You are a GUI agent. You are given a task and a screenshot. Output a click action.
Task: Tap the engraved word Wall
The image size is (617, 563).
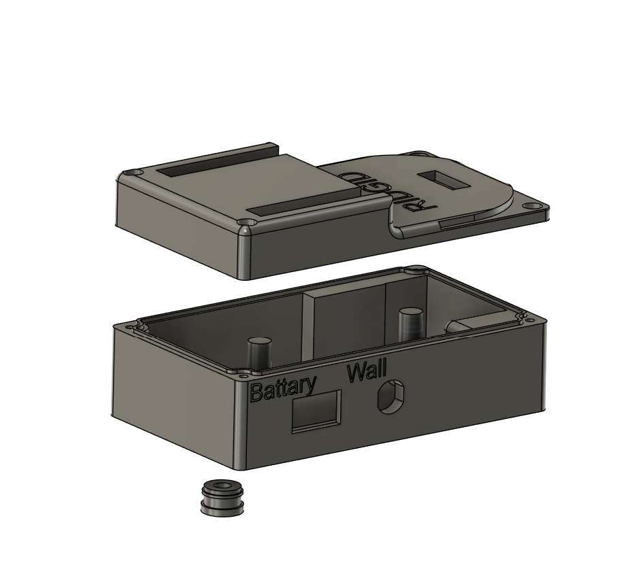pyautogui.click(x=367, y=372)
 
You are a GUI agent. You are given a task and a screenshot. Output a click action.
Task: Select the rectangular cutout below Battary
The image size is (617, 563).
pyautogui.click(x=316, y=411)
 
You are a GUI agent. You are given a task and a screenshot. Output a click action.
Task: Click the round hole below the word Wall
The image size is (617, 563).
pyautogui.click(x=390, y=397)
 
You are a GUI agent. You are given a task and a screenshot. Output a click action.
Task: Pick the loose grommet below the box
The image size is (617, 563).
pyautogui.click(x=222, y=497)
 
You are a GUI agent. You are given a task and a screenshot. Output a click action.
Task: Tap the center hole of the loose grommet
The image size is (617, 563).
pyautogui.click(x=222, y=486)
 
